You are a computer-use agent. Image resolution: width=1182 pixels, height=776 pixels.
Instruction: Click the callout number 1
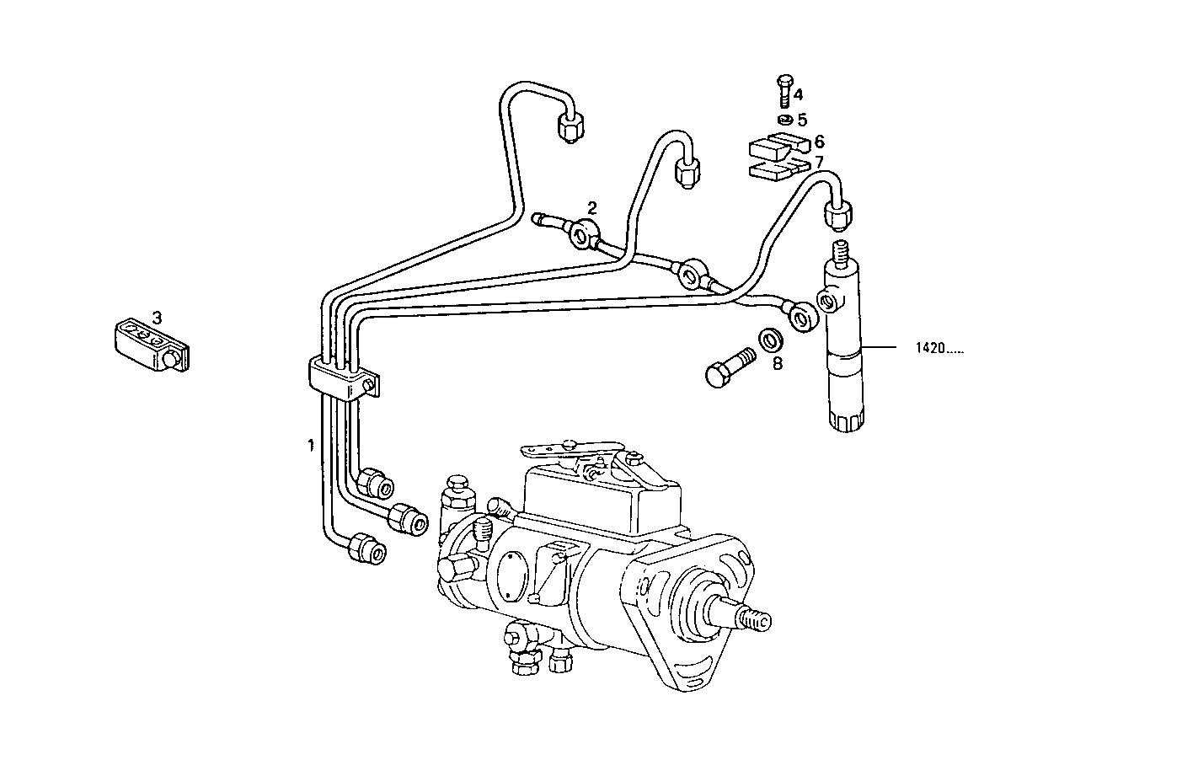pyautogui.click(x=311, y=444)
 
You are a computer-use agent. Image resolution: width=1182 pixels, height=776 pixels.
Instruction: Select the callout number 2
pyautogui.click(x=592, y=207)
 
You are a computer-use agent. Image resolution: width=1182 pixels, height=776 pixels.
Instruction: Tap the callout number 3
pyautogui.click(x=157, y=317)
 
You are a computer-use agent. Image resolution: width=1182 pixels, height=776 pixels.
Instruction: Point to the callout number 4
pyautogui.click(x=797, y=94)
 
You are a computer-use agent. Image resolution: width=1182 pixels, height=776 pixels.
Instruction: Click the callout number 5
pyautogui.click(x=801, y=120)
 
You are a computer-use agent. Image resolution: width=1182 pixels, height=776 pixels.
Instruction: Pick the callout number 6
pyautogui.click(x=818, y=142)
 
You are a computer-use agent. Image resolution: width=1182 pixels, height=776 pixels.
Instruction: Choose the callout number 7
pyautogui.click(x=818, y=161)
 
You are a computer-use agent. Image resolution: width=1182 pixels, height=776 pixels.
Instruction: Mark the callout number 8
pyautogui.click(x=777, y=363)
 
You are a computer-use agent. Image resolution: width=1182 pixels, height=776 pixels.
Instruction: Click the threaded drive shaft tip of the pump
pyautogui.click(x=751, y=619)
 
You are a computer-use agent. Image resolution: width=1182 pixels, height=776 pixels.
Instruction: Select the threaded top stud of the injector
pyautogui.click(x=839, y=251)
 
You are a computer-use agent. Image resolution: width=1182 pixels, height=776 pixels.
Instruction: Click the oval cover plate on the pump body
pyautogui.click(x=511, y=577)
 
